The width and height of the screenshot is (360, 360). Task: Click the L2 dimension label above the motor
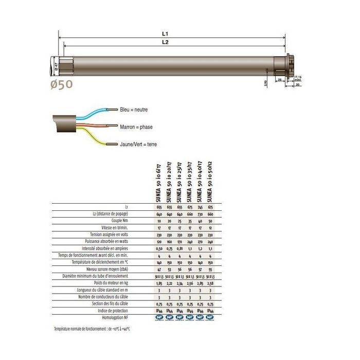tap(166, 43)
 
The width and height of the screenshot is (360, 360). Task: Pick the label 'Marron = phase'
tap(136, 127)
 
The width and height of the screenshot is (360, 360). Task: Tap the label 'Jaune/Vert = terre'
tap(138, 145)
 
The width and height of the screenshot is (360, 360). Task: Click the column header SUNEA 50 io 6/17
tap(160, 183)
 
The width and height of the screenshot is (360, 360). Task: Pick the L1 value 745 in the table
tap(200, 207)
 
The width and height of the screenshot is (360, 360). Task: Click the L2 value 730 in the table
tap(200, 214)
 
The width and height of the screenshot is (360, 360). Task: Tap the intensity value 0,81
tap(179, 248)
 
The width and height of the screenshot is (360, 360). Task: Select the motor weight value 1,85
tap(160, 283)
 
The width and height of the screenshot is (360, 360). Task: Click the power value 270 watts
tap(200, 241)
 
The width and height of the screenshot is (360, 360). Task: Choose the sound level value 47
tap(160, 269)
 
